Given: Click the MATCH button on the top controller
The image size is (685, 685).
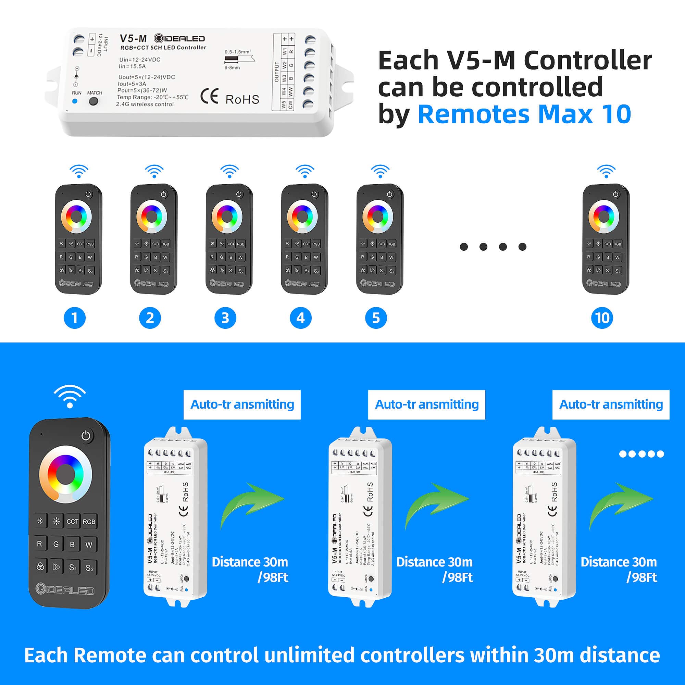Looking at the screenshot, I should [x=94, y=101].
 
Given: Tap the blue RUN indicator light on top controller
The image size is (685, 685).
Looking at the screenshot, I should [x=75, y=101].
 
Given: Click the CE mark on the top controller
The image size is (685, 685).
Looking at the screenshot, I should [x=209, y=97].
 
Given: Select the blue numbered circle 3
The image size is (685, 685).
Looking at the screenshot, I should [x=225, y=318].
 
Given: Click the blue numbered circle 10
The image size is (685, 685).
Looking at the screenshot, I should [x=602, y=318].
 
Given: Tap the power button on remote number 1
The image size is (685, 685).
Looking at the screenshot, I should [x=88, y=194].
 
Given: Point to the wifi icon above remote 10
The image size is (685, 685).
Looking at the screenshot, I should [x=606, y=171].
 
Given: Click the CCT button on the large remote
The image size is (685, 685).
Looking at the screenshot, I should [x=72, y=522].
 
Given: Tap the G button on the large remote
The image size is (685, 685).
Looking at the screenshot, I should [x=56, y=544].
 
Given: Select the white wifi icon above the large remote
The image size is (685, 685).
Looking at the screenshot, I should [x=70, y=396].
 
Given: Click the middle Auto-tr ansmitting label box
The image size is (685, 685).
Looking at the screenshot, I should [x=426, y=404].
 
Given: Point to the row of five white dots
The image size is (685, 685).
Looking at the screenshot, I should [x=642, y=454].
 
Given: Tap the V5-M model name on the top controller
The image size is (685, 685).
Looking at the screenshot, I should [x=133, y=38].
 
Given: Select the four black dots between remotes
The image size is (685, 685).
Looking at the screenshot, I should [x=493, y=247].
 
